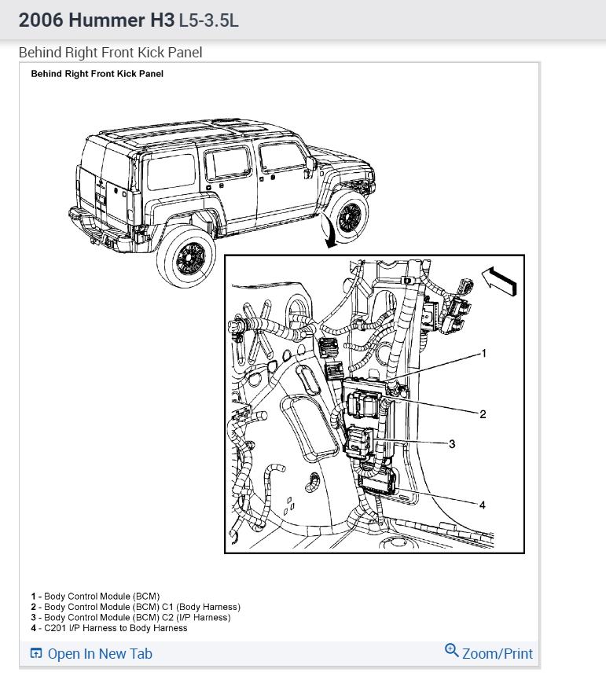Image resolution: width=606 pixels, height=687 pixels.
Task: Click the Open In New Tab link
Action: (x=100, y=654)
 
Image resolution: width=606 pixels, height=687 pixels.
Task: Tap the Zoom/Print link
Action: (x=497, y=654)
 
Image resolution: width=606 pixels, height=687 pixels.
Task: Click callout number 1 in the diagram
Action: (x=484, y=354)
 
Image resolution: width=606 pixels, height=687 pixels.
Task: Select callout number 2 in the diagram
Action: (x=483, y=414)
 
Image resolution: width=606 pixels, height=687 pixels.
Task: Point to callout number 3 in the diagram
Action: (x=452, y=444)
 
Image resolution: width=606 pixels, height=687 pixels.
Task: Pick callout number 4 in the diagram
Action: (x=483, y=505)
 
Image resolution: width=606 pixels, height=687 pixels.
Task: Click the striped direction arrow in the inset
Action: (x=499, y=280)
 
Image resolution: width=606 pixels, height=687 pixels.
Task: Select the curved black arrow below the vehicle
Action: (x=328, y=233)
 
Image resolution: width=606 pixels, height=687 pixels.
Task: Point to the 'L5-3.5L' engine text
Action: (x=208, y=20)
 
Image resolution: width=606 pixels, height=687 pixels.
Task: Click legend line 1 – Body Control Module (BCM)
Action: (x=95, y=597)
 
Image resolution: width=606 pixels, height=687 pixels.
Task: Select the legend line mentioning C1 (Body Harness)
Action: (x=135, y=607)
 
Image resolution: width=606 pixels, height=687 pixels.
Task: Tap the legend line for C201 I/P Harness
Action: (x=109, y=627)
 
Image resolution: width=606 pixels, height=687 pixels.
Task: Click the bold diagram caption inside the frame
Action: (x=97, y=74)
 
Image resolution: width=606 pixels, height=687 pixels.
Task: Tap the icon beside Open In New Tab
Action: (x=35, y=654)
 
